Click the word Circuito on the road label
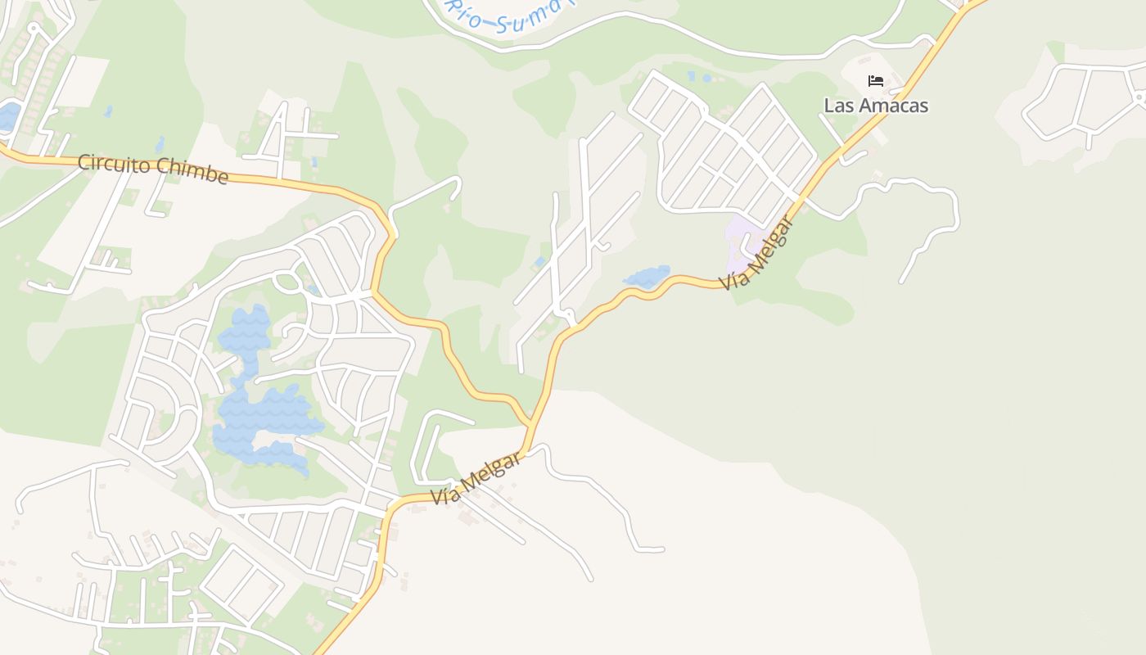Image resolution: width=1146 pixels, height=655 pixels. pos(113,164)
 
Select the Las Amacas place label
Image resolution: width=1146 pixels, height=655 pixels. pos(876,106)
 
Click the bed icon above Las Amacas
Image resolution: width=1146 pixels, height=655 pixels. pos(876,81)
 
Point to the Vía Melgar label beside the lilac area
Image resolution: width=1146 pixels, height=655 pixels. pos(757,252)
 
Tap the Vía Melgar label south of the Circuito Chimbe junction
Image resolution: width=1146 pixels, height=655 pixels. pos(476,480)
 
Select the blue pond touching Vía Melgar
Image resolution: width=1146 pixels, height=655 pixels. pos(648,276)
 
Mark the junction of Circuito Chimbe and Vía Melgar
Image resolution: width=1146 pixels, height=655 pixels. pos(532,425)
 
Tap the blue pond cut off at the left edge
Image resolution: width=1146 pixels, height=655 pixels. pos(8,116)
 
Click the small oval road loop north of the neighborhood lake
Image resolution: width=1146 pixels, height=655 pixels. pos(286,282)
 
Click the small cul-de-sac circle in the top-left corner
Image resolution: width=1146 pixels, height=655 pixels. pos(34,29)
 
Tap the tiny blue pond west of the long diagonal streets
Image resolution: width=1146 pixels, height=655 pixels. pos(539,261)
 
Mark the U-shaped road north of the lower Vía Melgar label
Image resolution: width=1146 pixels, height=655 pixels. pos(430,446)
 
